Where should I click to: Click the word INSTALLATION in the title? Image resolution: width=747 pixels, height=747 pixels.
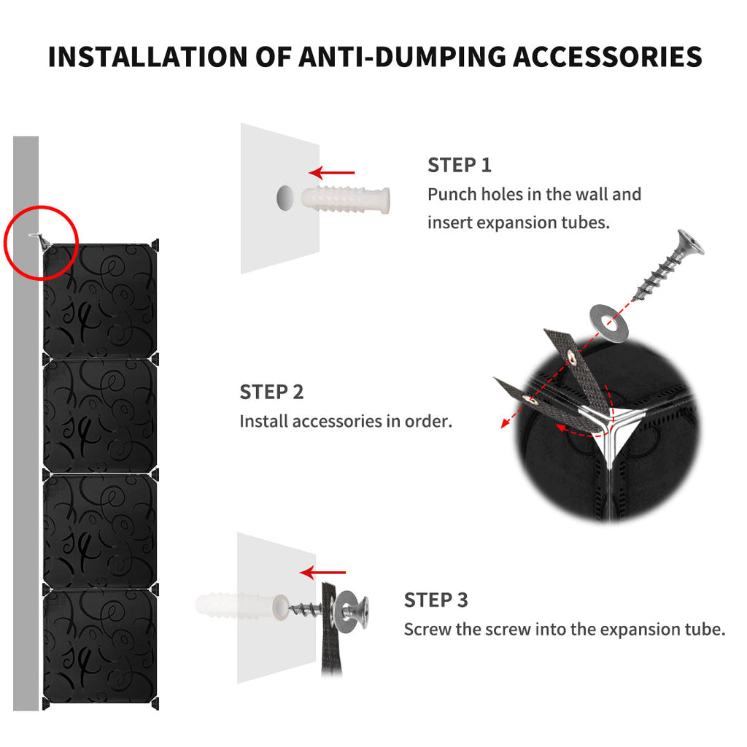click(x=147, y=57)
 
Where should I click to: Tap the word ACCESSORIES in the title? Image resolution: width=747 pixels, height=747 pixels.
click(x=608, y=57)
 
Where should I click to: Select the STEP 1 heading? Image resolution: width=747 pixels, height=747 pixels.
click(x=460, y=166)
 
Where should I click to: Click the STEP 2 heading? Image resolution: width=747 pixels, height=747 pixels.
click(x=271, y=392)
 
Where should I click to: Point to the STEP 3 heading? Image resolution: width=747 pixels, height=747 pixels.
click(x=436, y=600)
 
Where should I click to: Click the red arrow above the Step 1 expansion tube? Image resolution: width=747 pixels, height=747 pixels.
click(x=332, y=172)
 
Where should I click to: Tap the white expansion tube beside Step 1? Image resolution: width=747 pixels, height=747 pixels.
click(x=345, y=199)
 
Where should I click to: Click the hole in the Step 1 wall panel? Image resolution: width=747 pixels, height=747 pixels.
click(x=285, y=198)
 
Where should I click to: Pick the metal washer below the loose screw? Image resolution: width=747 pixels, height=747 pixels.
click(x=609, y=323)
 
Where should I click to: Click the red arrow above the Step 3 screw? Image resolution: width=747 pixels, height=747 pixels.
click(x=323, y=572)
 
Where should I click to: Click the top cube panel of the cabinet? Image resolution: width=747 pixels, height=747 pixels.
click(x=100, y=300)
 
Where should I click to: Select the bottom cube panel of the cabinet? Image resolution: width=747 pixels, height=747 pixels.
click(x=100, y=646)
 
